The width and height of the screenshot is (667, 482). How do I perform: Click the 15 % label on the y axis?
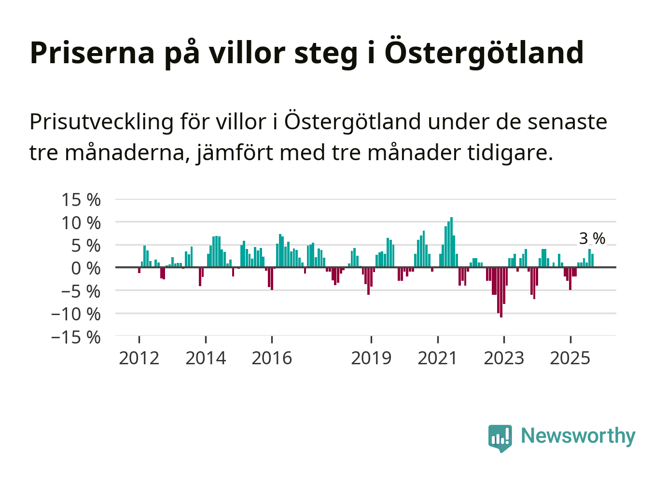[x=81, y=200]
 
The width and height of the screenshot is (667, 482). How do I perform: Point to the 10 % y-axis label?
[x=81, y=223]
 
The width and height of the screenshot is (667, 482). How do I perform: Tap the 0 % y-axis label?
[x=86, y=268]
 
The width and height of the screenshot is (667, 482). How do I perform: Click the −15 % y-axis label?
[x=76, y=337]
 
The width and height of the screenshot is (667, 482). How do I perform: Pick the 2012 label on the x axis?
[x=139, y=358]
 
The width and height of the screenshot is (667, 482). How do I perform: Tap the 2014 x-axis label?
[x=206, y=358]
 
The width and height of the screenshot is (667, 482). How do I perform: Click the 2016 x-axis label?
[x=272, y=358]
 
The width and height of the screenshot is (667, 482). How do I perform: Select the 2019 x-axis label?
[x=371, y=358]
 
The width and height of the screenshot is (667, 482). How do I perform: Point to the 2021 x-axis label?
[x=437, y=358]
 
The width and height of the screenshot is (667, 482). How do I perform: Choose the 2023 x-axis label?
[x=504, y=358]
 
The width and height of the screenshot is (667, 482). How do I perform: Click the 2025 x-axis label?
[x=570, y=358]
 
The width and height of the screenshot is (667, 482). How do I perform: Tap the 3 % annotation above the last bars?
[x=592, y=238]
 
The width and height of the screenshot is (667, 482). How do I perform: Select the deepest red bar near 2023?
[x=501, y=292]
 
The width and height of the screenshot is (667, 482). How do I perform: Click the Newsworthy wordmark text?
[x=578, y=436]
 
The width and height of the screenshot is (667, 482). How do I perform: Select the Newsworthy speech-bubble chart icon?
[x=500, y=438]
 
